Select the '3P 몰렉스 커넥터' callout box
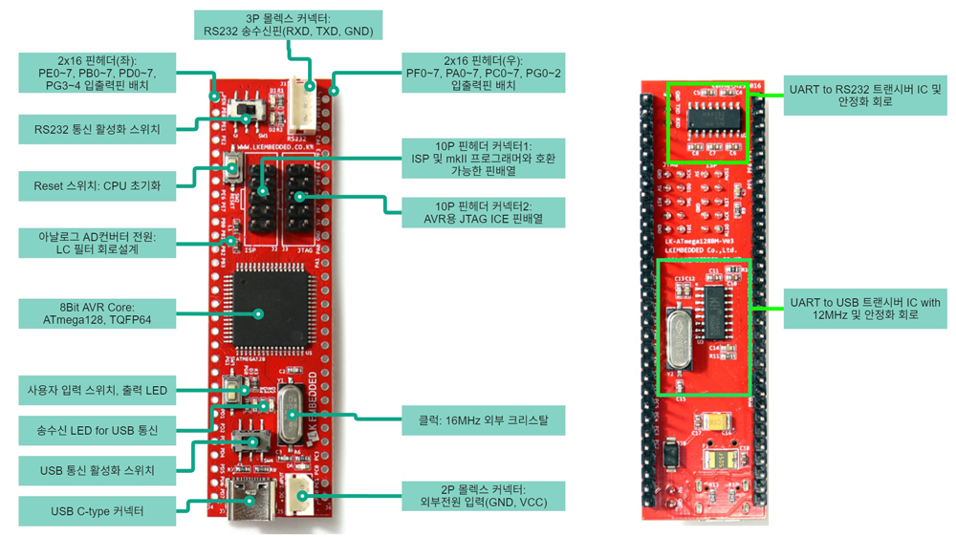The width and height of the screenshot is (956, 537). [289, 25]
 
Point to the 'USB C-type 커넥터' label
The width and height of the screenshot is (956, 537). [98, 511]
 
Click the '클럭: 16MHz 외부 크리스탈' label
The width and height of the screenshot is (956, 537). [485, 419]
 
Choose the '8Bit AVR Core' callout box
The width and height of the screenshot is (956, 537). [98, 313]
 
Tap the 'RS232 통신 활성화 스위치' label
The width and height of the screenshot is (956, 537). [98, 129]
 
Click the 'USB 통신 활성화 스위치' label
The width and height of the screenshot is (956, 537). [98, 470]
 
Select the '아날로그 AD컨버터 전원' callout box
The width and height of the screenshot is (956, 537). [98, 242]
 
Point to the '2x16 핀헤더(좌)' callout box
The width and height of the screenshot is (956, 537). [98, 73]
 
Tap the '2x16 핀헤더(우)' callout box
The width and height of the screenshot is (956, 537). [483, 73]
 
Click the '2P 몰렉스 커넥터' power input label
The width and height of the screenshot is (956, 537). [483, 495]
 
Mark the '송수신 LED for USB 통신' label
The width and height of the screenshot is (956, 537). [98, 430]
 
